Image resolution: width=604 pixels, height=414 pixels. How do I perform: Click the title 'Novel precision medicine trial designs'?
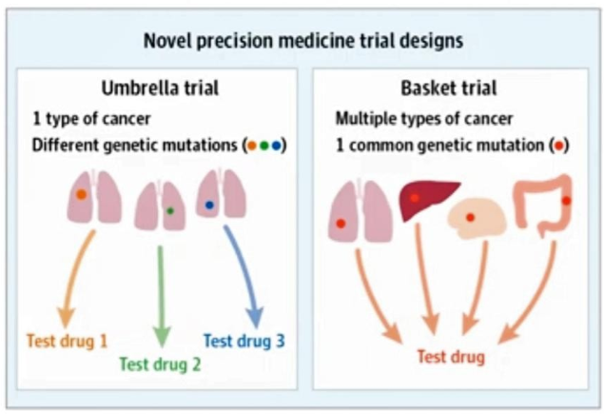pyautogui.click(x=303, y=41)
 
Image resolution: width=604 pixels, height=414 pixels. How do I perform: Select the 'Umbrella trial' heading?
pyautogui.click(x=161, y=89)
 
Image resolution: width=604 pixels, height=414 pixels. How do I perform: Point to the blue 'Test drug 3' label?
pyautogui.click(x=244, y=339)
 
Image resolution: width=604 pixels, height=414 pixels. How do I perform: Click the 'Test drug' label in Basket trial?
pyautogui.click(x=451, y=357)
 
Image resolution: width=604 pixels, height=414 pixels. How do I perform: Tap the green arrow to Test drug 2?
pyautogui.click(x=161, y=295)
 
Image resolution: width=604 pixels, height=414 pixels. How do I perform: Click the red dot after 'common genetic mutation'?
pyautogui.click(x=560, y=147)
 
